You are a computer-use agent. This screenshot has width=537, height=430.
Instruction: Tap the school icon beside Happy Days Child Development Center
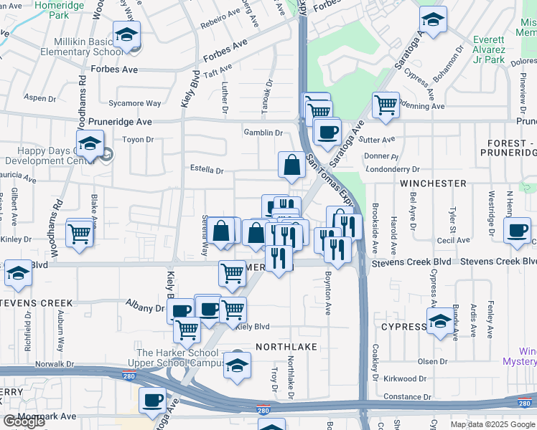90,143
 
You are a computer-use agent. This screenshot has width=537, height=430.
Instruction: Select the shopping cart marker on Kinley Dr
80,232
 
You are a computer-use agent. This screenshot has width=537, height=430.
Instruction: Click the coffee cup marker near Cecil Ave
517,229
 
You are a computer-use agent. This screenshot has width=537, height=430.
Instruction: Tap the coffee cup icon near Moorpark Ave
152,400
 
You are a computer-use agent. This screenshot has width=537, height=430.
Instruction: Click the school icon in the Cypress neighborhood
439,321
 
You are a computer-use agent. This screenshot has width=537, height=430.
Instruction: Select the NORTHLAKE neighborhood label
281,346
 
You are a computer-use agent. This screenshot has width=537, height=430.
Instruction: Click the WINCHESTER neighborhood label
433,183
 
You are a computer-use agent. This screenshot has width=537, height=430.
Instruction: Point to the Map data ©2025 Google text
493,424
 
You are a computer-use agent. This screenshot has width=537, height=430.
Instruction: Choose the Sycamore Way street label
134,103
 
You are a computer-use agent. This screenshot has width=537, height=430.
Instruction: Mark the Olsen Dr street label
432,360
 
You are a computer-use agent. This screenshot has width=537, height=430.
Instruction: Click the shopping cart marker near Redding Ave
386,105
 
